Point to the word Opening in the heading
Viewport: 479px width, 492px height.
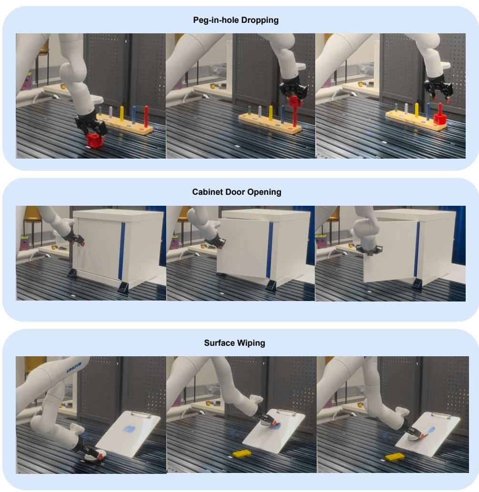[x=267, y=192]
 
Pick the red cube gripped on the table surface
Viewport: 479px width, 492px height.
[x=96, y=141]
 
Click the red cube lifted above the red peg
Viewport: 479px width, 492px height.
[x=295, y=101]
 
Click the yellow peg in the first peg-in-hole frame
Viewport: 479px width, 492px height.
[x=122, y=114]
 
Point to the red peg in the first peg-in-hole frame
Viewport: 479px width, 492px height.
[x=146, y=116]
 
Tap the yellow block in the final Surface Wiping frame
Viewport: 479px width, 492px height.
[x=394, y=457]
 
